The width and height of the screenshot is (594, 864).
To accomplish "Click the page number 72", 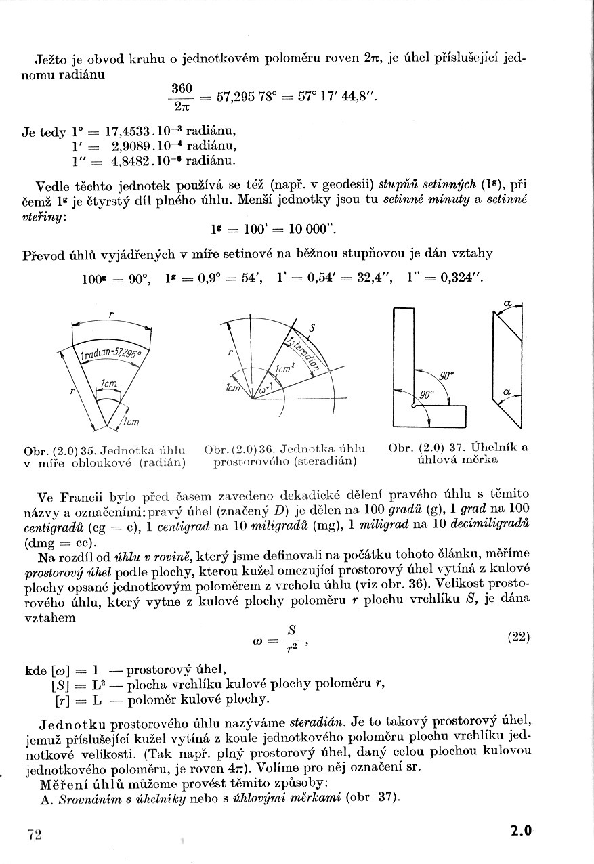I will coord(35,834).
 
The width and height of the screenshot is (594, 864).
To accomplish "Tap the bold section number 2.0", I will coord(522,832).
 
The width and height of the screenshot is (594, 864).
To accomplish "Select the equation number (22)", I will coord(518,637).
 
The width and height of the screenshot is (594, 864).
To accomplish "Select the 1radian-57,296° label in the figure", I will coord(110,354).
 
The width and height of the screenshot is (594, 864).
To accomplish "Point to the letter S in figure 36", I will coord(312,329).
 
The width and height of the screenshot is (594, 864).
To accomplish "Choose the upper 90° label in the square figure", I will coord(446,374).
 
